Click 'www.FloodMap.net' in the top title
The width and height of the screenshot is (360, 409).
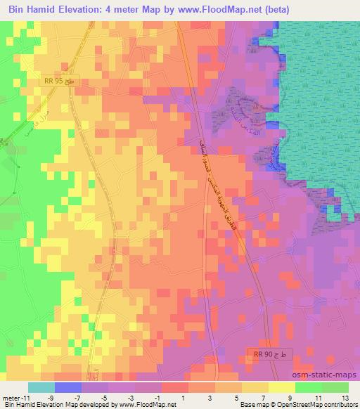pyautogui.click(x=215, y=11)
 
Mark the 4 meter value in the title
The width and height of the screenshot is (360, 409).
pyautogui.click(x=122, y=11)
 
